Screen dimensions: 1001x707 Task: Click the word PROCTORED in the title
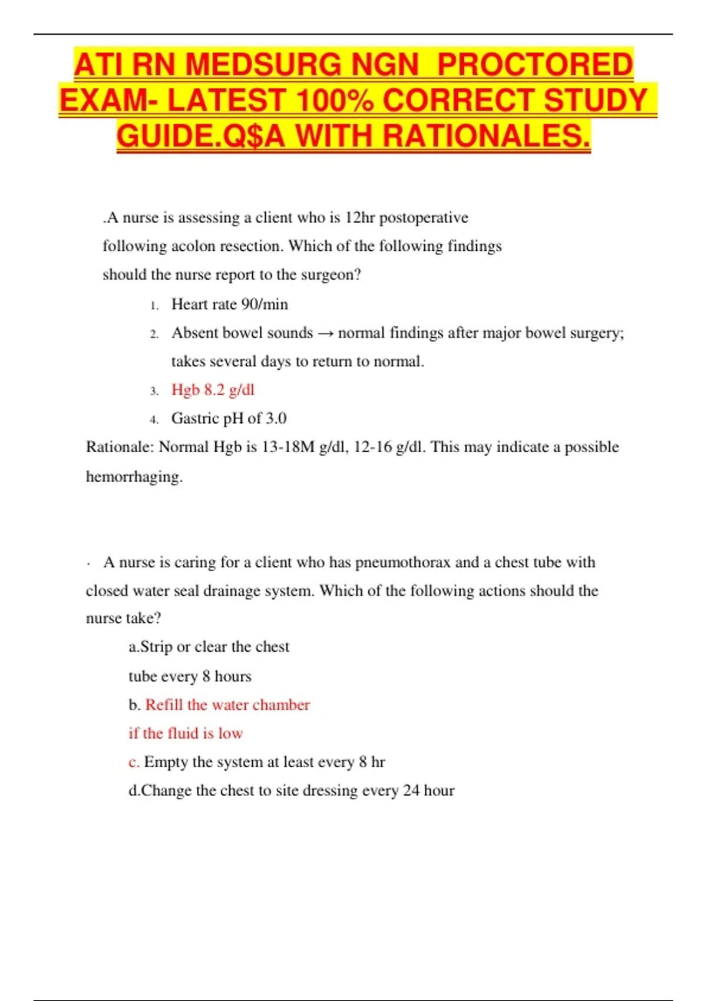[535, 65]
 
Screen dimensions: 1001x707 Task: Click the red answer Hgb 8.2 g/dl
[213, 390]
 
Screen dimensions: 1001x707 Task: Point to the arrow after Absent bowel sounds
[325, 333]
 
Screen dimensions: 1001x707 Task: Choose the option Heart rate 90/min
[229, 304]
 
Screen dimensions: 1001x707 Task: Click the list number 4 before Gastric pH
[154, 420]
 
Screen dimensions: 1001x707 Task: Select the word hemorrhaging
[134, 476]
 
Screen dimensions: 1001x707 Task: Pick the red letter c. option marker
[134, 763]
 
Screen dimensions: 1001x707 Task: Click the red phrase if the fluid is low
[186, 734]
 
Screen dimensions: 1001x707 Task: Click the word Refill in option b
[164, 705]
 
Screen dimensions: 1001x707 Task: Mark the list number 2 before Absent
[154, 334]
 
